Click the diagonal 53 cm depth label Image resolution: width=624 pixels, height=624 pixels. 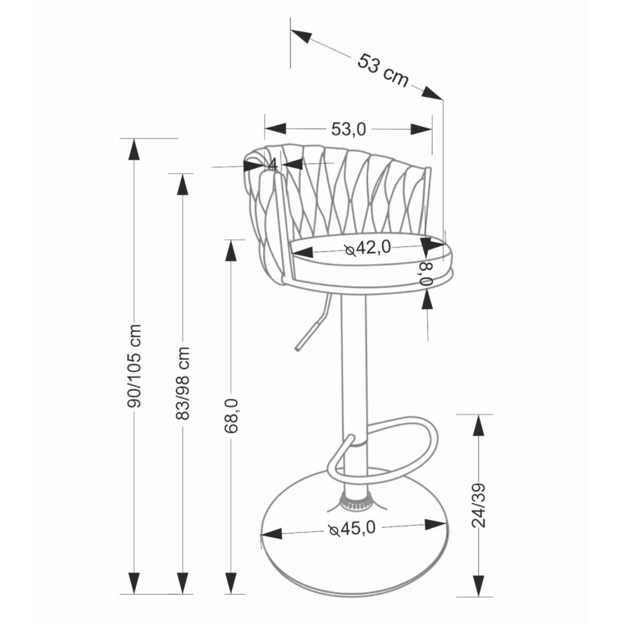(383, 71)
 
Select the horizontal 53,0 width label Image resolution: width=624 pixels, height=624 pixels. (348, 129)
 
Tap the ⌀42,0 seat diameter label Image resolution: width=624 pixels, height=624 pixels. (368, 248)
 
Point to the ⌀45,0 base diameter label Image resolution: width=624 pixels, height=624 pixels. (352, 529)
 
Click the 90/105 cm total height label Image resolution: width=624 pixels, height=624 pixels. (135, 366)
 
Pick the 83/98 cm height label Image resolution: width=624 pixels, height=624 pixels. (183, 383)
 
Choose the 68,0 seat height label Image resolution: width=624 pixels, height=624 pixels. (231, 416)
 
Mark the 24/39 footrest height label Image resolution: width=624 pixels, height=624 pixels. (479, 505)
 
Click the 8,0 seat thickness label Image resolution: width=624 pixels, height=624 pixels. (427, 274)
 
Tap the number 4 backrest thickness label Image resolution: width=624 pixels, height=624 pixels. (273, 164)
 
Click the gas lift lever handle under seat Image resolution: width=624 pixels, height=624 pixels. (313, 323)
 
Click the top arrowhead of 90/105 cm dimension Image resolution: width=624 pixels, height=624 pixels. (134, 150)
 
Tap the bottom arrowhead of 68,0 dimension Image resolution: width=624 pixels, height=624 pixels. (231, 583)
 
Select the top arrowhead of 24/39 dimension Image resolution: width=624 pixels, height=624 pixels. (479, 426)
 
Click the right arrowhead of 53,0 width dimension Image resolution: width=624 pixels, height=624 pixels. (421, 129)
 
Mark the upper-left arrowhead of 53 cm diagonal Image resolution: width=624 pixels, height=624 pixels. (301, 35)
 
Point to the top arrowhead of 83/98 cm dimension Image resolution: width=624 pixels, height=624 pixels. (182, 185)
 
